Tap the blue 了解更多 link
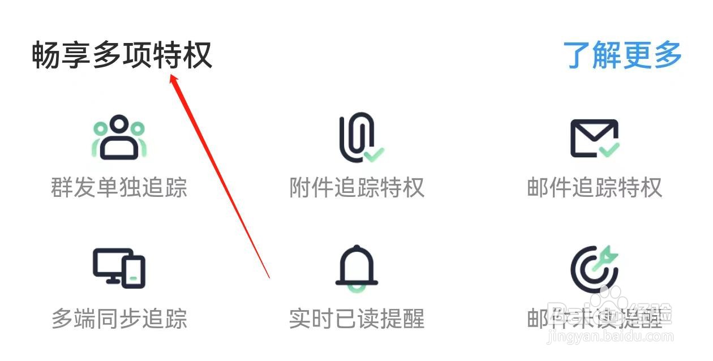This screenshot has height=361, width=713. (622, 55)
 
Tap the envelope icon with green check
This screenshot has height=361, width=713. (594, 138)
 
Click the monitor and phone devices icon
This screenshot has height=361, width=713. (119, 268)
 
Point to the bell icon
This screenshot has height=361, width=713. (356, 268)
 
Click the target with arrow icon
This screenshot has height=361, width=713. (594, 268)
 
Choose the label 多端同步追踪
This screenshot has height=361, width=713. (119, 319)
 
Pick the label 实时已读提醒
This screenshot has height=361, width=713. (356, 319)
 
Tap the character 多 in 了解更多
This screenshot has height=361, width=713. (667, 55)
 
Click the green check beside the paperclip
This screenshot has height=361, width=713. (373, 153)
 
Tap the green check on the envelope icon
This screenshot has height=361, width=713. (609, 149)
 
